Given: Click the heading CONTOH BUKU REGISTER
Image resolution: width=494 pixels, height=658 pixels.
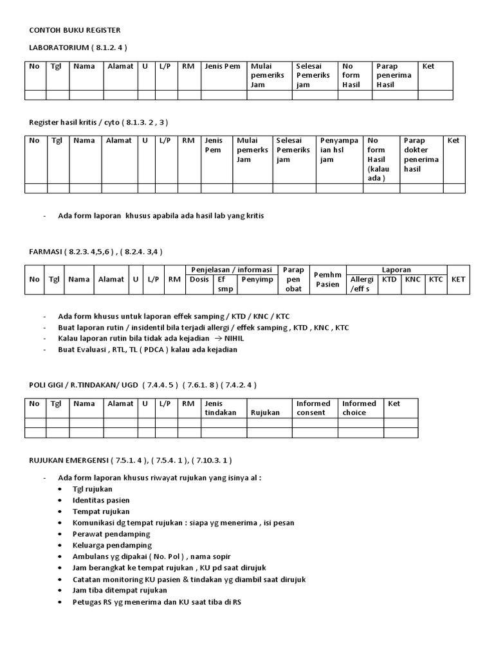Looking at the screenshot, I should coord(75,30).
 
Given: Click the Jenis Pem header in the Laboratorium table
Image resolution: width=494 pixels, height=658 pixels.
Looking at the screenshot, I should coord(223,66).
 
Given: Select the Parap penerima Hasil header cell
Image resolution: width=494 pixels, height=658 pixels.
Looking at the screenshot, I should coord(394,75).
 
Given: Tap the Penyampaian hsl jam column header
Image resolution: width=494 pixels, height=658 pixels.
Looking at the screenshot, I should coord(339,150).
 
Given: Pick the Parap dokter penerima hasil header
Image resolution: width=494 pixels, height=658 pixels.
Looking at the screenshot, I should coord(421,154).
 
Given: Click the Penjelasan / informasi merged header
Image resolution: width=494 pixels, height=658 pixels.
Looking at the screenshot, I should coord(230,269).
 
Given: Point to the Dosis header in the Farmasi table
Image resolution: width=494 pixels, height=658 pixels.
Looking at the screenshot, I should coord(198,280).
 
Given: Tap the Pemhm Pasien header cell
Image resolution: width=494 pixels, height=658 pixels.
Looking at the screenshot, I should coord(327,280).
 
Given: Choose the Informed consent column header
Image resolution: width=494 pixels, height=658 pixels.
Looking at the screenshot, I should coord(313,408).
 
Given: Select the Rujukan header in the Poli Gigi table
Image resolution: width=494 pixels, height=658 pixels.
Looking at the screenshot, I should coord(265,413).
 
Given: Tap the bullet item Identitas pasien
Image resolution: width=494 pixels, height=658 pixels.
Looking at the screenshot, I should coord(101,500).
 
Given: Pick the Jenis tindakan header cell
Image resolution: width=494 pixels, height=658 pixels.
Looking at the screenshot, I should coord(221,408).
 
